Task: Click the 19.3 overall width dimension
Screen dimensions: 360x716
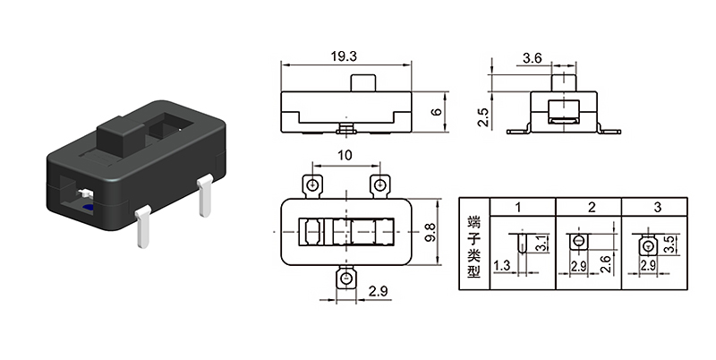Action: click(344, 56)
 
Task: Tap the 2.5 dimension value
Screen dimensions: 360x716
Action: click(483, 117)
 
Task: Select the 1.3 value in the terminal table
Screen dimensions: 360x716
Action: click(501, 266)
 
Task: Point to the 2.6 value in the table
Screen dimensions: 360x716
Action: click(606, 263)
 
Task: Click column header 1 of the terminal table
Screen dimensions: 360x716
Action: click(519, 207)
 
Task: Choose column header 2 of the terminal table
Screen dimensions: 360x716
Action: click(592, 207)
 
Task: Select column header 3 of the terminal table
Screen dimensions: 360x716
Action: click(658, 207)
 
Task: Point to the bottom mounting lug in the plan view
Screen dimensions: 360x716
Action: click(345, 280)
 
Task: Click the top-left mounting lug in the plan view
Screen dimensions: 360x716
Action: click(313, 185)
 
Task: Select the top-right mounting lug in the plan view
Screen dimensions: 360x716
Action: click(380, 185)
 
